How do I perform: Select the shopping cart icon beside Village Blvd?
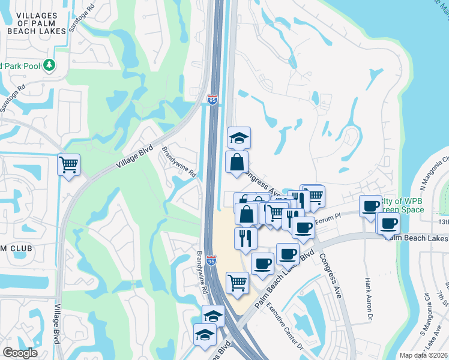pos(69,164)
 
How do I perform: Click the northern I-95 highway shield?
pos(212,100)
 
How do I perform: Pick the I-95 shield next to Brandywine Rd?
pos(211,260)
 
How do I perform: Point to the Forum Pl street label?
pos(330,218)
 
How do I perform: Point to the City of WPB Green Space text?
pos(401,205)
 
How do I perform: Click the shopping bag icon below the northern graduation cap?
pos(237,162)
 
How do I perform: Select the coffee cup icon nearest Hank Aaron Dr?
pos(371,206)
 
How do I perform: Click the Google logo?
pos(20,352)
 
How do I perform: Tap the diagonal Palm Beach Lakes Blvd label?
pos(285,280)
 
